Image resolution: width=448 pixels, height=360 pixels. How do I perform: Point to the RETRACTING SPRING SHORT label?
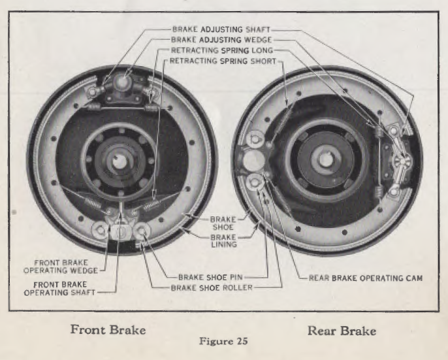coord(223,61)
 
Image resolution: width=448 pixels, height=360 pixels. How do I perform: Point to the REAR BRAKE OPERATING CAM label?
coord(366,278)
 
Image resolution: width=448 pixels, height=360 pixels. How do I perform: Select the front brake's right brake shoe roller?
coord(142,231)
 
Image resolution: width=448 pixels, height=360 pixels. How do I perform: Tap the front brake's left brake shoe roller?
coord(101,231)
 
